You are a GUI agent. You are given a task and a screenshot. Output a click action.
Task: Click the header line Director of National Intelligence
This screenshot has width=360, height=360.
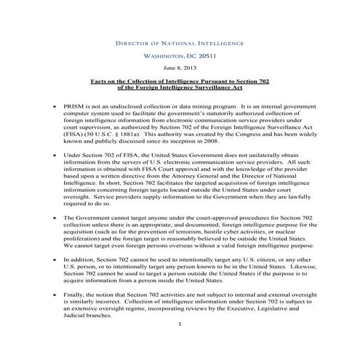click(x=179, y=44)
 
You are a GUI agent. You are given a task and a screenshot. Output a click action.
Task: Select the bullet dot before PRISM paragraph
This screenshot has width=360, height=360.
click(x=55, y=107)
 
